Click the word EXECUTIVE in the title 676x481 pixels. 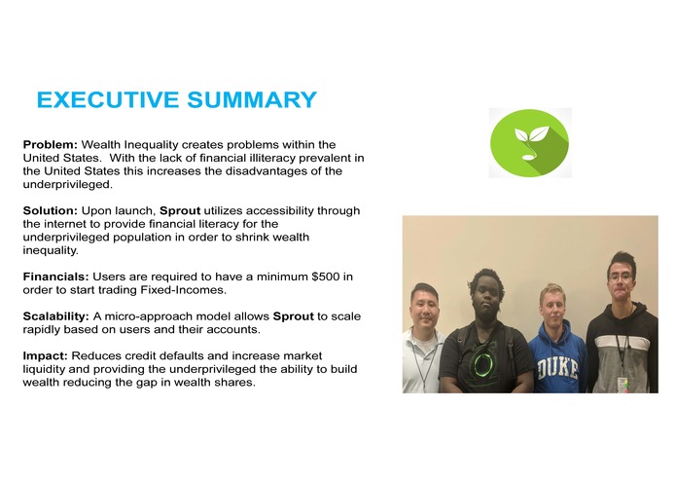coord(95,100)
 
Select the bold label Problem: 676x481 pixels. coord(51,144)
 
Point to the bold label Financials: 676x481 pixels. coord(56,277)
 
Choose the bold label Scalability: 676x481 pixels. coord(56,316)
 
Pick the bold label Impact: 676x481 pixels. coord(45,356)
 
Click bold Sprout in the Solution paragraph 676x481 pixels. coord(180,210)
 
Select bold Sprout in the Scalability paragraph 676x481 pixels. coord(293,316)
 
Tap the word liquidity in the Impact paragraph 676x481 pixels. coord(48,370)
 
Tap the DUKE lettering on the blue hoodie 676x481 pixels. coord(558,371)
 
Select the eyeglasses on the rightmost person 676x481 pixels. coord(619,277)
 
